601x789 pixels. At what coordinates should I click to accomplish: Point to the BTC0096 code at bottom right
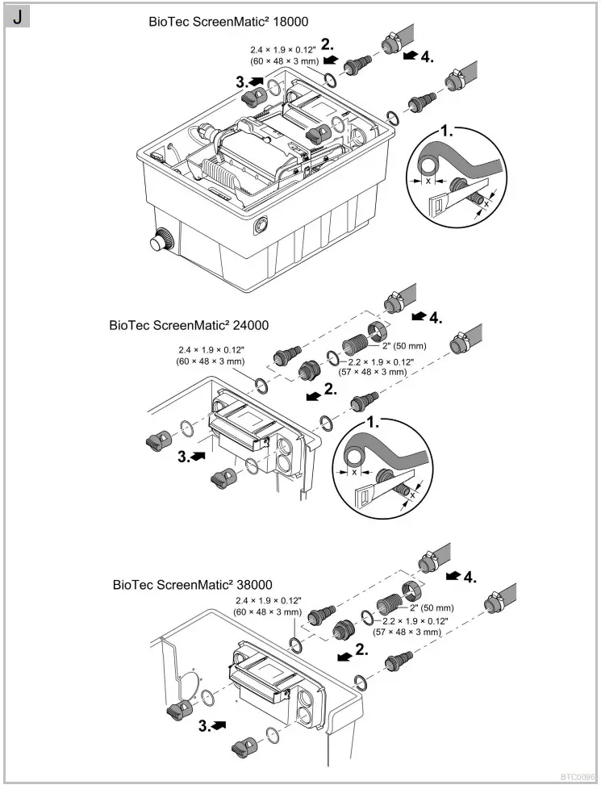578,779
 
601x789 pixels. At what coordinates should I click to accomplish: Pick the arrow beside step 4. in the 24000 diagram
419,315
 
